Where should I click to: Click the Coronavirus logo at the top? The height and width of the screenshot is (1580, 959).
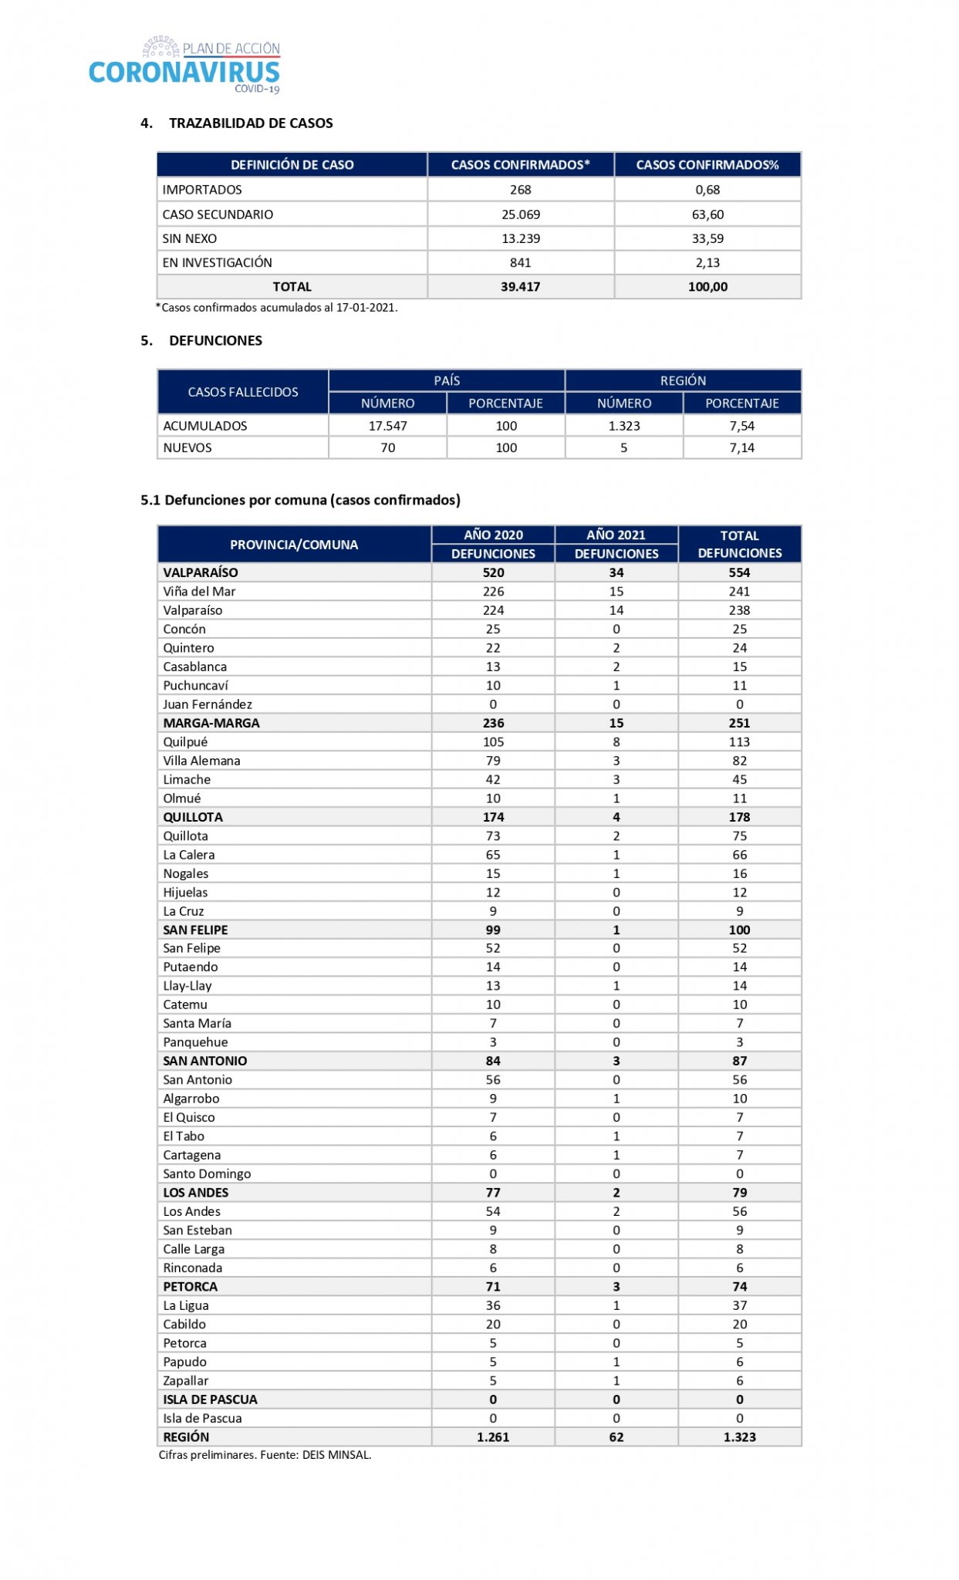[x=184, y=66]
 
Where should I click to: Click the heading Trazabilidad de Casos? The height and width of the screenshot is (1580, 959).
[x=250, y=123]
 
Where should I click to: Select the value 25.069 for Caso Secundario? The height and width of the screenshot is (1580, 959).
[x=521, y=214]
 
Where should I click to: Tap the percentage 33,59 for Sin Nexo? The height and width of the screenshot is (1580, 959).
[x=707, y=238]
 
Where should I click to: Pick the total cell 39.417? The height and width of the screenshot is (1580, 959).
[x=521, y=287]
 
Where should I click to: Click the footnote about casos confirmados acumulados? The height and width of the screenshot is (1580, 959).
[x=277, y=308]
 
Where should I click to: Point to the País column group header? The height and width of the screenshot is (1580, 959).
[x=447, y=380]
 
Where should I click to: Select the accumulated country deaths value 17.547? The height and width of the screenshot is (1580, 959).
[x=387, y=426]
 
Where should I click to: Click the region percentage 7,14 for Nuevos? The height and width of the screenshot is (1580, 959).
[x=741, y=447]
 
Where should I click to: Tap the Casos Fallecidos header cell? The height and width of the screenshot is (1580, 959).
[x=242, y=392]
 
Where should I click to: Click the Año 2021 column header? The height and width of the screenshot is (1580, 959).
[x=616, y=535]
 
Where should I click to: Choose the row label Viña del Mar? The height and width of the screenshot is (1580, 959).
[x=199, y=592]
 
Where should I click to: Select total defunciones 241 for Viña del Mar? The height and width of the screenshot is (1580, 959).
[x=739, y=592]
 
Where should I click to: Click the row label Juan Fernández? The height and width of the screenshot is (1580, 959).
[x=208, y=704]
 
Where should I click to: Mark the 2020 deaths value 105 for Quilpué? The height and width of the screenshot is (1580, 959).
[x=493, y=742]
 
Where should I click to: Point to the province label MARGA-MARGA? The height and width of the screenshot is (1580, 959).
[x=211, y=724]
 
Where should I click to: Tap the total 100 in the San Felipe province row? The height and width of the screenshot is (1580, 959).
[x=739, y=930]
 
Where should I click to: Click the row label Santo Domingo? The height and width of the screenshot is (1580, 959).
[x=207, y=1174]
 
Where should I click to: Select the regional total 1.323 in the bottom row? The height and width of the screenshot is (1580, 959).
[x=739, y=1437]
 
